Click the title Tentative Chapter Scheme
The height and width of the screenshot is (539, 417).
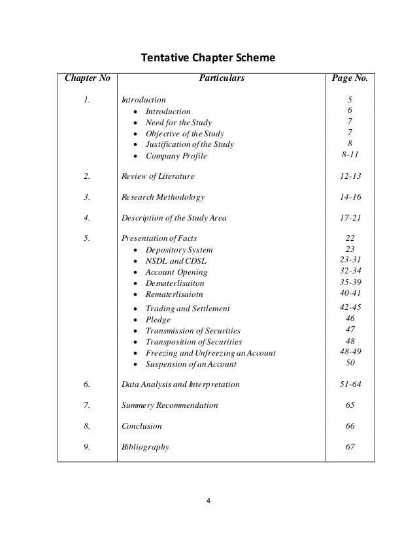pos(208,59)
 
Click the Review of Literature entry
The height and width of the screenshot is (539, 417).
pos(158,176)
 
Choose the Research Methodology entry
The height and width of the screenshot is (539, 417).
pos(163,197)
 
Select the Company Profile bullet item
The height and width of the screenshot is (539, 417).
pos(176,155)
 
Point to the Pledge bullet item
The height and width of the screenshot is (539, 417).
pos(158,320)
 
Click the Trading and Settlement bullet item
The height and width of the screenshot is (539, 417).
pos(188,309)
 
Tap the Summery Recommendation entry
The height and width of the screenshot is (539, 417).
pos(171,405)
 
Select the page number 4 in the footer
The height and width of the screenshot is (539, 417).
pos(208,501)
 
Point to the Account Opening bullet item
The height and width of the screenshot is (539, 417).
pos(176,272)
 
